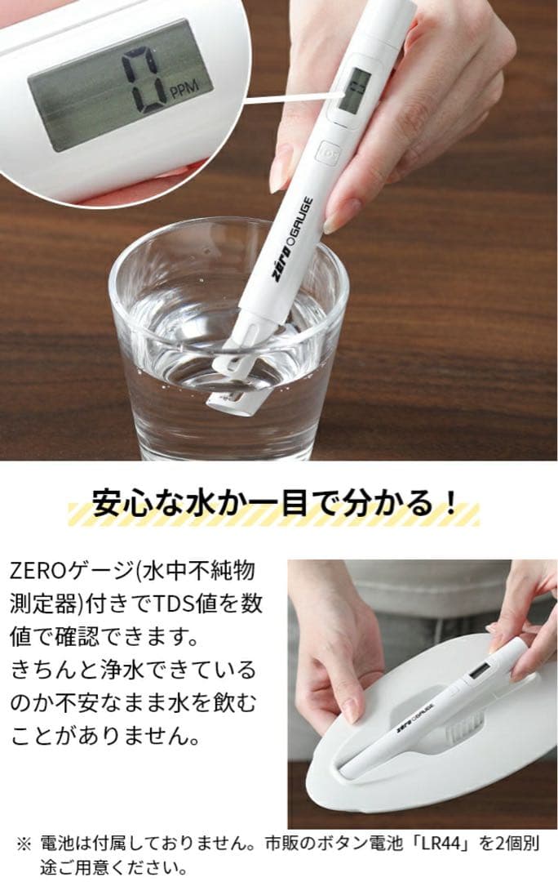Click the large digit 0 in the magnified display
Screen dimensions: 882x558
(141, 80)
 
